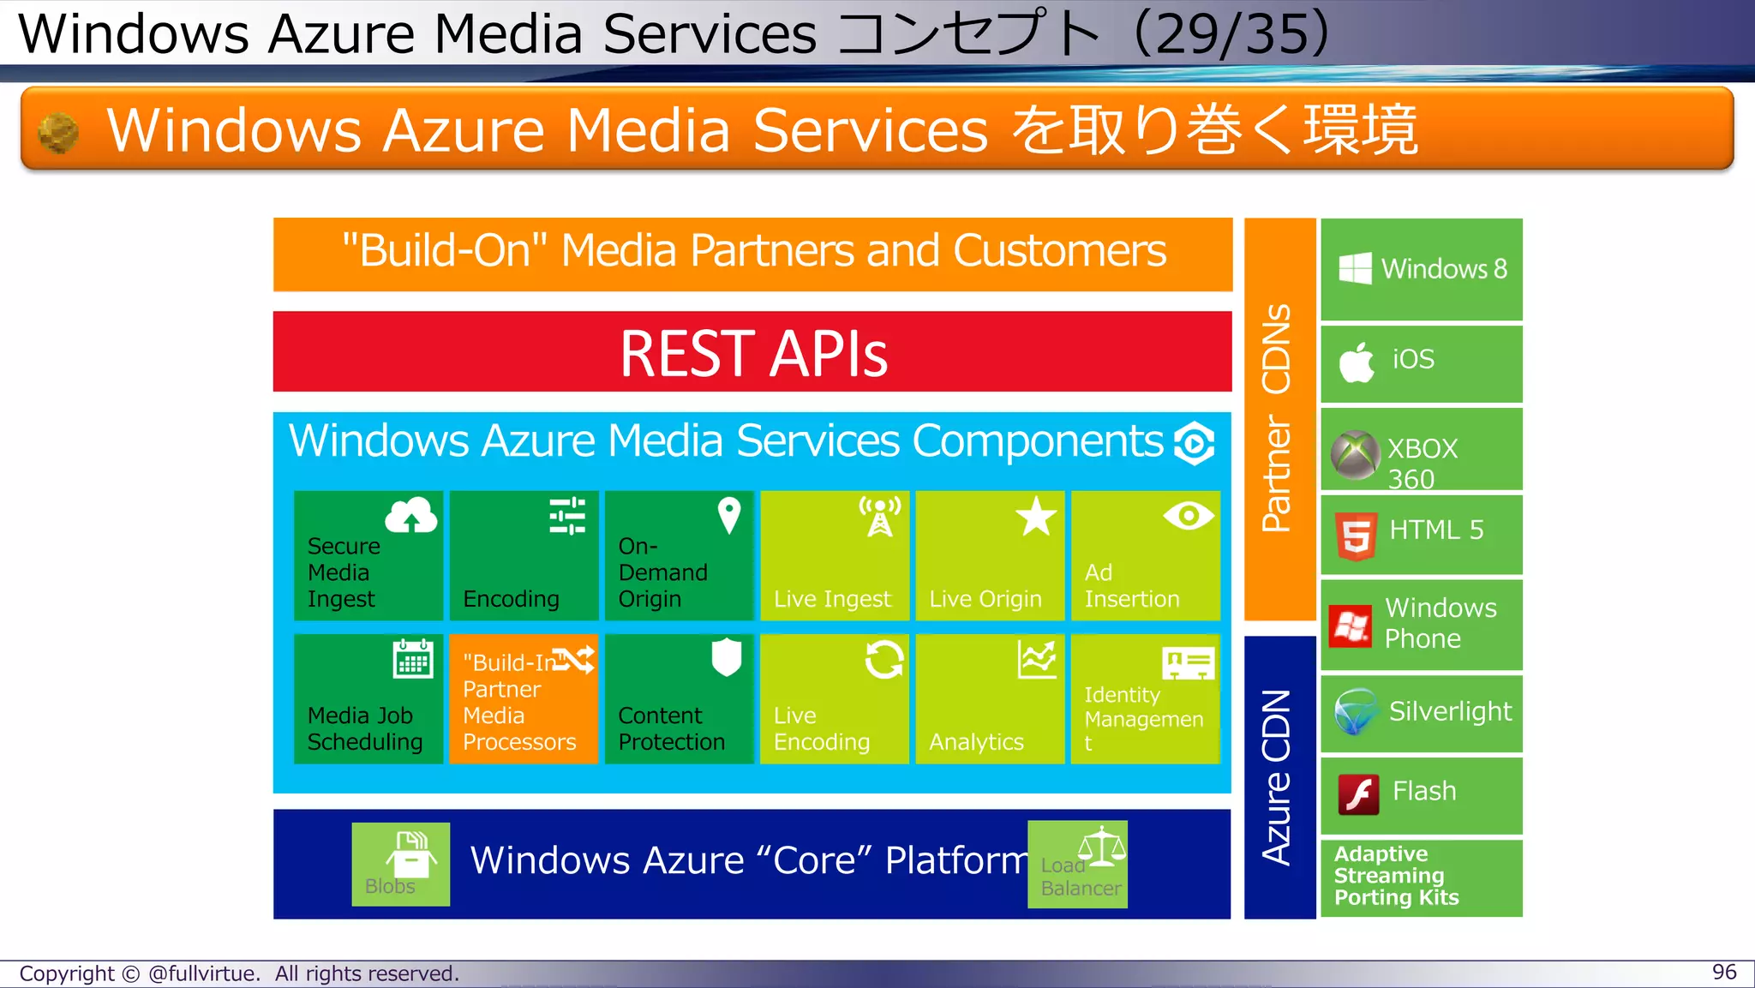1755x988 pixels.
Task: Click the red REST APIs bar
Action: click(752, 352)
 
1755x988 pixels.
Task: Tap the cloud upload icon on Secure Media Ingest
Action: click(410, 516)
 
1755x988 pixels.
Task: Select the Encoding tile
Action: click(524, 555)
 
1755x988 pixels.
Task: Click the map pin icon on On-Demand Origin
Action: click(728, 515)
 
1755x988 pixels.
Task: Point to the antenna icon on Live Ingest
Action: click(880, 516)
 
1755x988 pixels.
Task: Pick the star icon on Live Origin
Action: click(1036, 516)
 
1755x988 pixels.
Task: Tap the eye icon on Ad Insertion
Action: click(1188, 516)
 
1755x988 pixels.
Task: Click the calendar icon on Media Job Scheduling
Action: click(412, 659)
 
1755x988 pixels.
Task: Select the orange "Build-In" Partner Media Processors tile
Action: click(524, 698)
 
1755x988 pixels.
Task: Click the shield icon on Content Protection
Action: click(726, 657)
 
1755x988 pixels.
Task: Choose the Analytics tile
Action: click(990, 698)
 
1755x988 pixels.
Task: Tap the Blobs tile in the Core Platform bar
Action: click(400, 864)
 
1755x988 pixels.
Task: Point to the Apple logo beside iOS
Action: click(1357, 361)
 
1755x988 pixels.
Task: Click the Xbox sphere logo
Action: click(1355, 454)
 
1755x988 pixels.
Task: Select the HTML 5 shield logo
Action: click(1356, 536)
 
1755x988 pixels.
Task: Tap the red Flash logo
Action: click(1358, 794)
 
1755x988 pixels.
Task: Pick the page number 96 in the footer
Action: click(1724, 972)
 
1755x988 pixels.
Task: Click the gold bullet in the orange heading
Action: click(58, 133)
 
